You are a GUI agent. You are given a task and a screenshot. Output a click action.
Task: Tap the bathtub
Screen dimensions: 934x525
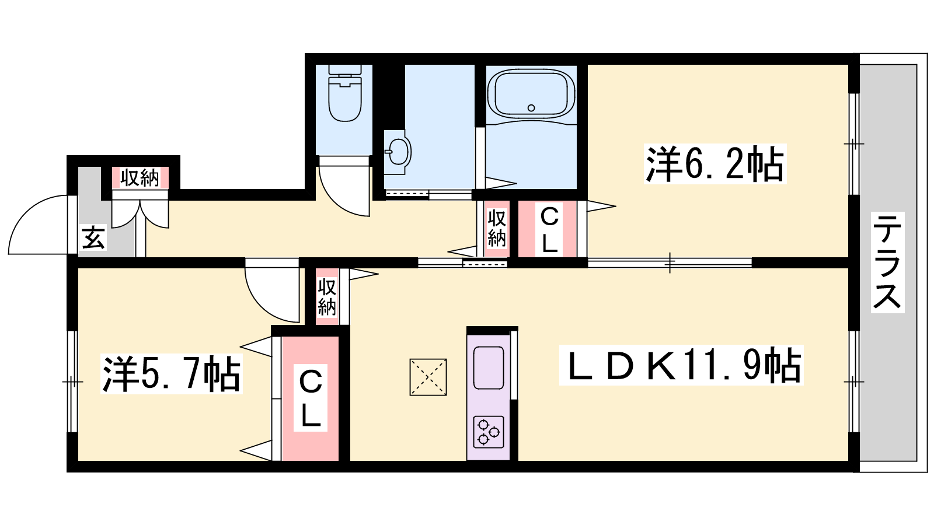(531, 94)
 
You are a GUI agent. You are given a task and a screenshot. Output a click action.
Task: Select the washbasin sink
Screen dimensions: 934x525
(396, 152)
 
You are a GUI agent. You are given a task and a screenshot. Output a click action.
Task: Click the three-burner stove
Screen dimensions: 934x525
(488, 432)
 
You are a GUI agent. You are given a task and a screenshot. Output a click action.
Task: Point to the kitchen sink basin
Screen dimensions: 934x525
(488, 368)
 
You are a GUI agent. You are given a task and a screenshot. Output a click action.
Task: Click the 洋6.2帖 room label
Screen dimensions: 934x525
(715, 164)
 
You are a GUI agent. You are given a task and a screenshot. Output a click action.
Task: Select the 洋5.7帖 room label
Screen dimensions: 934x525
(172, 374)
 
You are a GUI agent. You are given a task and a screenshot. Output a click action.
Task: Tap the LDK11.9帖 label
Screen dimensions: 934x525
(681, 365)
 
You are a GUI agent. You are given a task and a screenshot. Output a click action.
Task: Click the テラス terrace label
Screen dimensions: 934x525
(887, 262)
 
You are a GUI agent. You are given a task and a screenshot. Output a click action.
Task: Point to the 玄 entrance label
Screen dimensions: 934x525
(93, 237)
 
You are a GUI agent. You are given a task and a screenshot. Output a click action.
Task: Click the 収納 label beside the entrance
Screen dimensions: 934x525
(140, 178)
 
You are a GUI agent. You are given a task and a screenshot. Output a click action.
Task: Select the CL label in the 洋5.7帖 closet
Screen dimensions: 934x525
(310, 397)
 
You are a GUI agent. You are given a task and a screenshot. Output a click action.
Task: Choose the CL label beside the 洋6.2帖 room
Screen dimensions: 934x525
(549, 230)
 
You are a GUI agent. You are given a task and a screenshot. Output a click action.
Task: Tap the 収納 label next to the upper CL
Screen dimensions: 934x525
(496, 228)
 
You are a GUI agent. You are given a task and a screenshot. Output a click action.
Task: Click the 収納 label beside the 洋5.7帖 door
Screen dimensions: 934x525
(327, 296)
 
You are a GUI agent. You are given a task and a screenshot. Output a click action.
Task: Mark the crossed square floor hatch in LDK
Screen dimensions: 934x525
(428, 377)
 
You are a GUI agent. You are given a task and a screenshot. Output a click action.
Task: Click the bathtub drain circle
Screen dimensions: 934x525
(531, 108)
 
